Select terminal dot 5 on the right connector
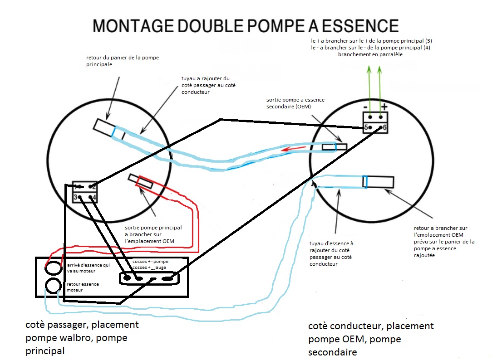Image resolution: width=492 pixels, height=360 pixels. (370, 128)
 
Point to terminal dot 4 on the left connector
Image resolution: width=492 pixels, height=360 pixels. (92, 197)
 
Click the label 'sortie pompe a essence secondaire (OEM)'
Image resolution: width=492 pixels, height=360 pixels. (295, 103)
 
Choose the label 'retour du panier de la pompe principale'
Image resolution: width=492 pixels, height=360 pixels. (123, 61)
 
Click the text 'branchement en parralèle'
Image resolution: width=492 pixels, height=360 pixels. (370, 54)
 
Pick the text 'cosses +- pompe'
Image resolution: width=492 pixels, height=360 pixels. (150, 262)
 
